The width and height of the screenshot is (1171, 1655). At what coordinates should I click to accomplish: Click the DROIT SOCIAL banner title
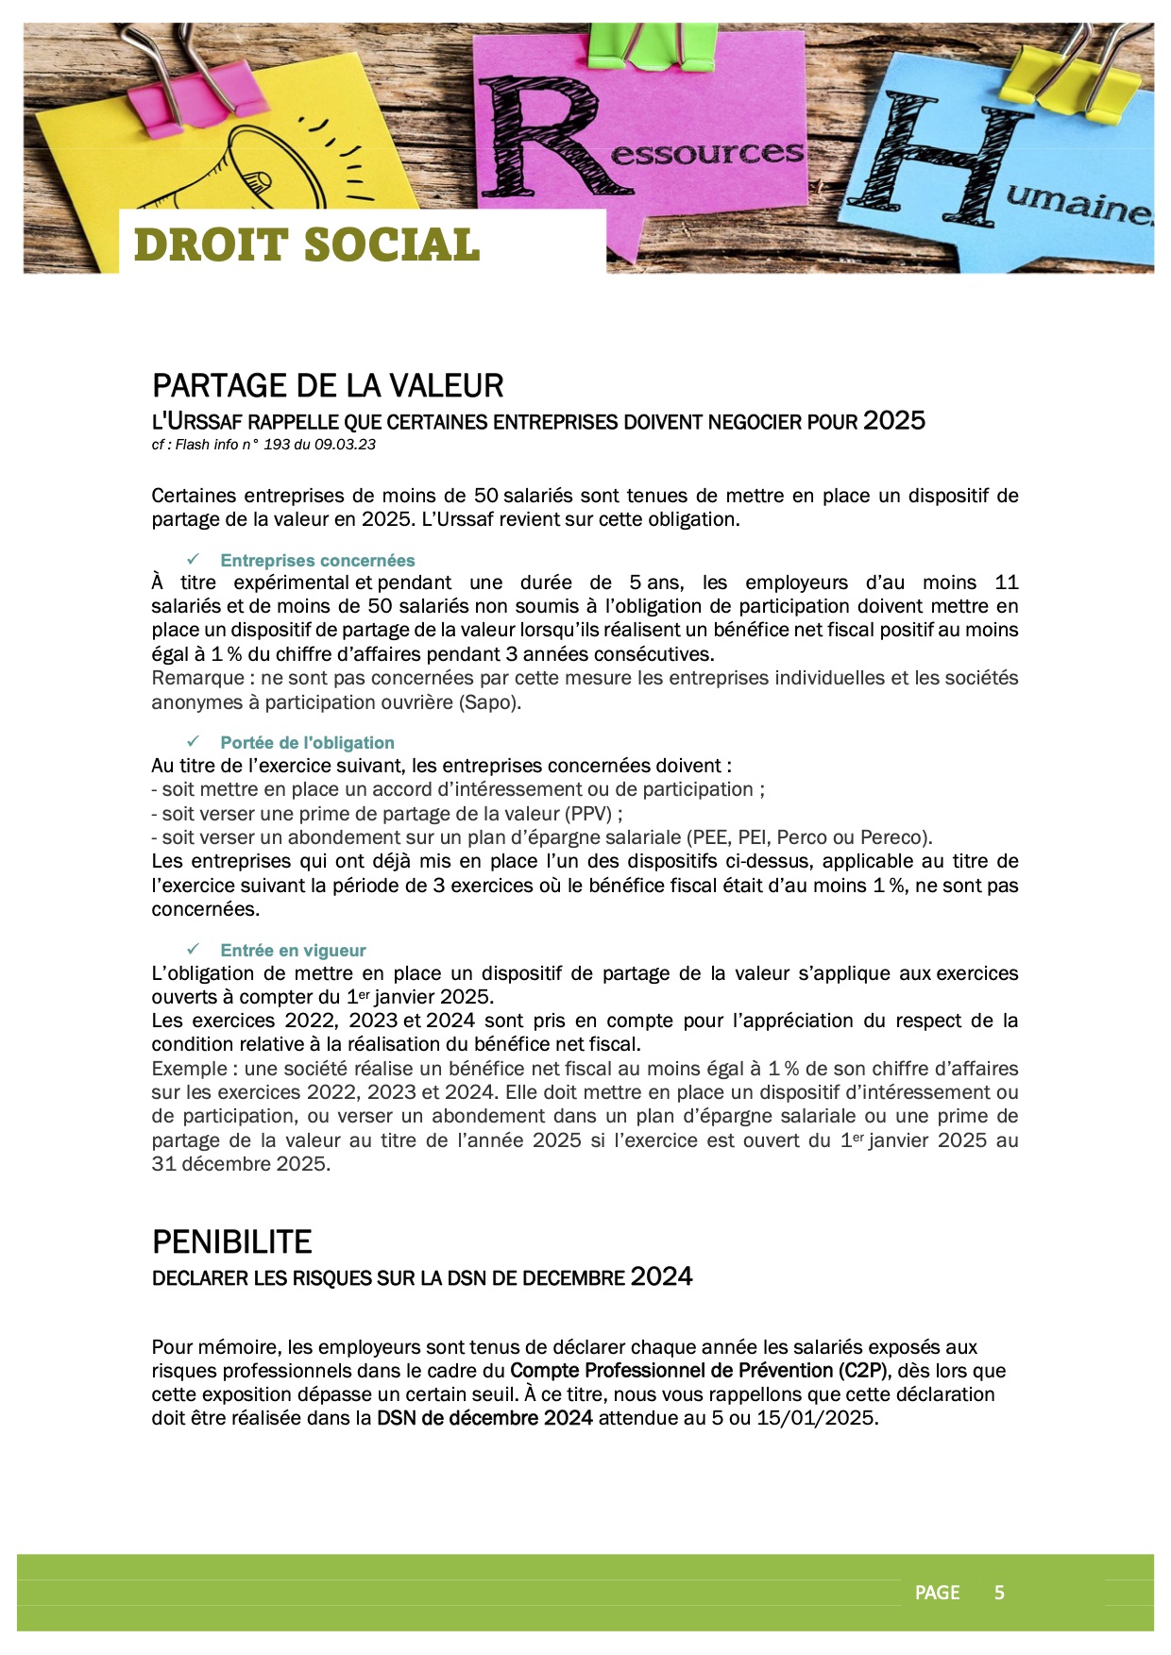pos(307,245)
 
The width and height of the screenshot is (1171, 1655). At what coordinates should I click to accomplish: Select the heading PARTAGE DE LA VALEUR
pos(328,386)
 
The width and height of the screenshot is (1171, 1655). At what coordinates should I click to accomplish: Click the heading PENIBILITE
pos(232,1241)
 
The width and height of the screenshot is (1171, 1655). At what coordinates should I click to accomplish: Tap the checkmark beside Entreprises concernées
pos(194,560)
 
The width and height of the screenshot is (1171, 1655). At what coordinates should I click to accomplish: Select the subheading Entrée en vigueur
pos(293,951)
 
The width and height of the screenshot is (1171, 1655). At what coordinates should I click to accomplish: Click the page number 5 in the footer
pos(999,1593)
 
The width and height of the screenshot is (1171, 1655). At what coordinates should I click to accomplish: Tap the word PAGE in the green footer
pos(937,1593)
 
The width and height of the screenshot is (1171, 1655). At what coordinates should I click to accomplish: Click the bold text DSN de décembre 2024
pos(484,1418)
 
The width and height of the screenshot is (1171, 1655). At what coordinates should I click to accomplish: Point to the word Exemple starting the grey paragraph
pos(189,1069)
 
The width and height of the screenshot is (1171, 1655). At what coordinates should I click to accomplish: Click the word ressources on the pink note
pos(708,153)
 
